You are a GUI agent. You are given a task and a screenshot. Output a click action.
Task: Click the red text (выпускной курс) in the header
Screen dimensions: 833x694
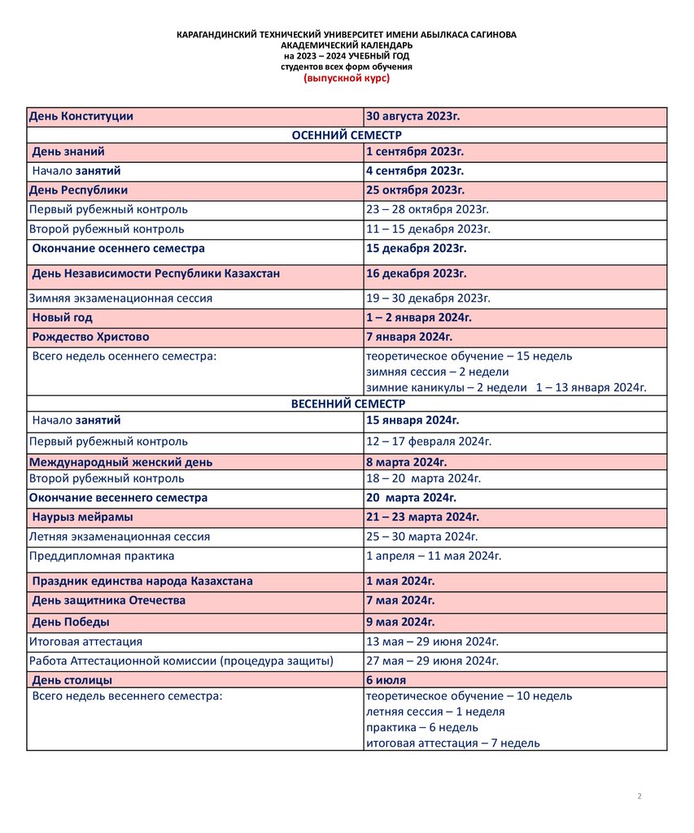[347, 78]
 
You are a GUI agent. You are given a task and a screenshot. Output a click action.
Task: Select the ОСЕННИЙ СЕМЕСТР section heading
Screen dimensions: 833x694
[347, 135]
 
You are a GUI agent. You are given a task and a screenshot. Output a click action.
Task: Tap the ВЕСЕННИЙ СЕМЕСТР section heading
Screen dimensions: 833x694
[347, 403]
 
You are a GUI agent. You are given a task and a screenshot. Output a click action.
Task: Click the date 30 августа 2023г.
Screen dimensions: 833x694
[413, 116]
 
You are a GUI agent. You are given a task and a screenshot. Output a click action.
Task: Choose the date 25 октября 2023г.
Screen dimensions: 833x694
[415, 190]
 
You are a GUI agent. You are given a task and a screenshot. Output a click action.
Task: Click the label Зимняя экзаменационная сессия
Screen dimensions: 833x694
[120, 299]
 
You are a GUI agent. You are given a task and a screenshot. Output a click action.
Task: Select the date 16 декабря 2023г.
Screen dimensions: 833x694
[416, 273]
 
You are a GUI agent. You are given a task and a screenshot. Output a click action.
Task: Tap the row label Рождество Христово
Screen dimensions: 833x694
[90, 337]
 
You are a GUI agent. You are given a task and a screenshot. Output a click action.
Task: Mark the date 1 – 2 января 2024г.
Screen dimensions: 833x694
[419, 317]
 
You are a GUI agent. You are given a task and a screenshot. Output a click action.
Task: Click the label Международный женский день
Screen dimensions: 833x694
[120, 462]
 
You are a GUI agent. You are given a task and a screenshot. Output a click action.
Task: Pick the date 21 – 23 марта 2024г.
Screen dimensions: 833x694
[422, 517]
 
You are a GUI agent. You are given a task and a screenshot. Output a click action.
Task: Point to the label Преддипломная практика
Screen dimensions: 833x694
[102, 556]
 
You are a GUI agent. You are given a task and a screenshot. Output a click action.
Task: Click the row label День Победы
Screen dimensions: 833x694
[71, 622]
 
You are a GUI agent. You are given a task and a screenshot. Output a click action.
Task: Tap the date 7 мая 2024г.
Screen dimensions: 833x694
[400, 600]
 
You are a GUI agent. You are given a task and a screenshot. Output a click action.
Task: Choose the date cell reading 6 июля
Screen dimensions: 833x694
[386, 680]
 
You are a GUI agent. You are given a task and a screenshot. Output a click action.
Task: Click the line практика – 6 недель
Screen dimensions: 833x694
[422, 727]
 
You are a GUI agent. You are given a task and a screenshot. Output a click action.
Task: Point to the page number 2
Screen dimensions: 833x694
[639, 796]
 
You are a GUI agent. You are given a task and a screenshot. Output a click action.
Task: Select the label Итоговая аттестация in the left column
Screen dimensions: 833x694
[85, 642]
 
